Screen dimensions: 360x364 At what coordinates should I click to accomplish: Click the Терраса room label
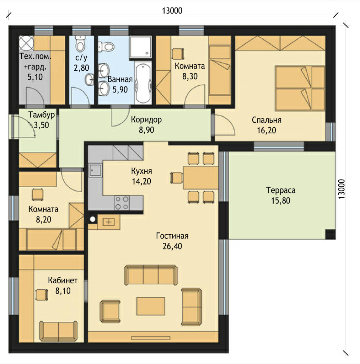point(281,191)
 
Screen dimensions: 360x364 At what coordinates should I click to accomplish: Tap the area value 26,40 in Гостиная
point(172,246)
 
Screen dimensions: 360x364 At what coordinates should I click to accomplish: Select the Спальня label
point(267,120)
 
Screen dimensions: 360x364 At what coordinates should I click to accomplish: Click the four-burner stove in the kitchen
point(122,203)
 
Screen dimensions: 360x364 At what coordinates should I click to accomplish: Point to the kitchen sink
point(95,170)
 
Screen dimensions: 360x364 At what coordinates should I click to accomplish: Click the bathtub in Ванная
point(143,82)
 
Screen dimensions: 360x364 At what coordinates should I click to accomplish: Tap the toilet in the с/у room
point(81,43)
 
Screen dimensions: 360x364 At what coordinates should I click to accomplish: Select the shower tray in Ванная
point(140,47)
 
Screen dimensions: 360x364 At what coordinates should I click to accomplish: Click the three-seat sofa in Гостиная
point(151,275)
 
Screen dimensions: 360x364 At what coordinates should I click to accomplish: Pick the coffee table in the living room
point(151,306)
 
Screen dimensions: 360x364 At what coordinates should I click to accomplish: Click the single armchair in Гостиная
point(110,311)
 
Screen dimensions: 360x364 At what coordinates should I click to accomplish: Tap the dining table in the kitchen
point(200,178)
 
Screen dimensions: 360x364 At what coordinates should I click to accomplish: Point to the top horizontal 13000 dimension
point(172,11)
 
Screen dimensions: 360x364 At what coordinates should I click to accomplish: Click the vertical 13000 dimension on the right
point(342,189)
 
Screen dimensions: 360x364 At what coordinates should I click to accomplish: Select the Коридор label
point(146,120)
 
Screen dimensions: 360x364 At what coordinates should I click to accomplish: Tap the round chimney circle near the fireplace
point(93,219)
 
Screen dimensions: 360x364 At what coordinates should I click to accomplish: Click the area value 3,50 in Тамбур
point(42,125)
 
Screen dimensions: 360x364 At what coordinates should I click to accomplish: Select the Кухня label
point(141,171)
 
